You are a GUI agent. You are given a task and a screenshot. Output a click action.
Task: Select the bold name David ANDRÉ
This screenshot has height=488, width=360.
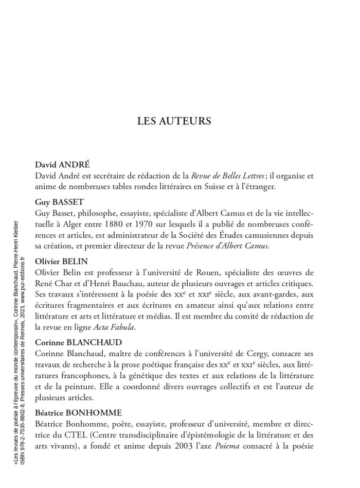62,165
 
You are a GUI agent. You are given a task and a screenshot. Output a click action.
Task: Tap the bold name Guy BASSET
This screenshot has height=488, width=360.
59,202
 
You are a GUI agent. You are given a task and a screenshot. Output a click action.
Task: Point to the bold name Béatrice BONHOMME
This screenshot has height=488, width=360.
79,413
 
